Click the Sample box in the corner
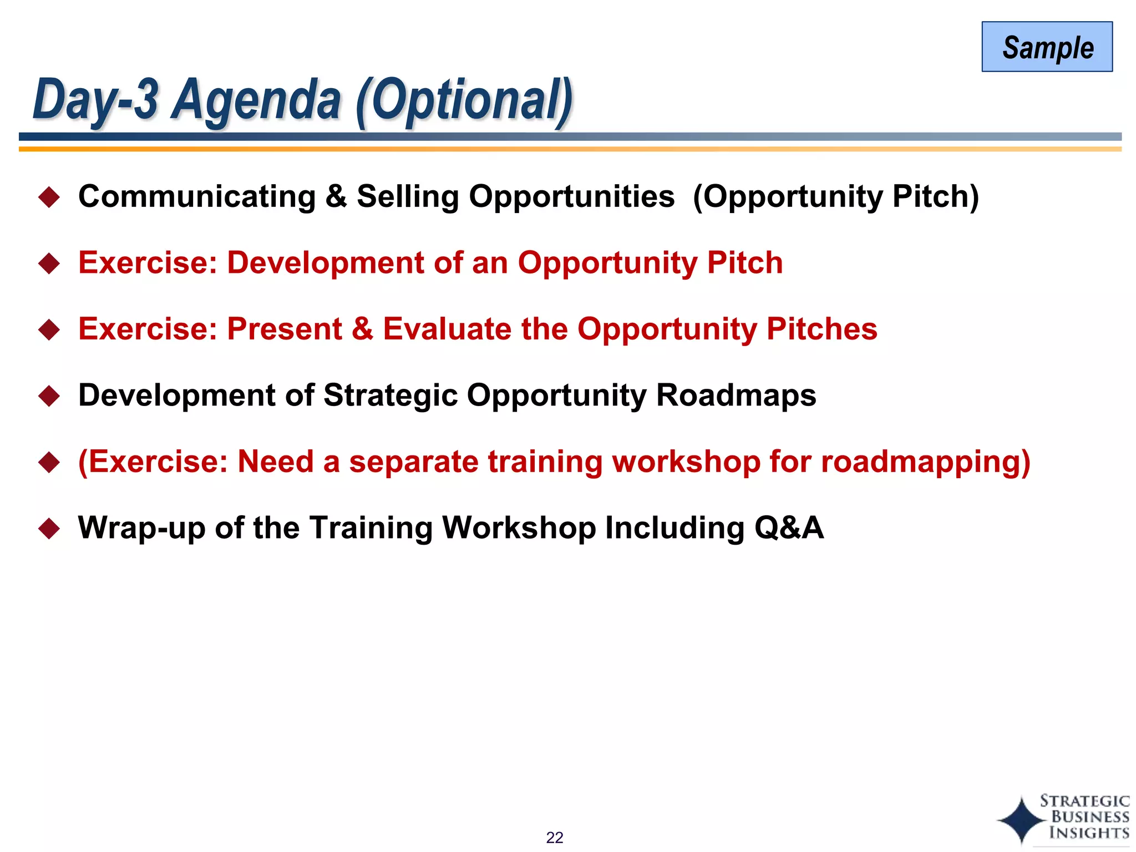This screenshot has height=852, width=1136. [x=1047, y=47]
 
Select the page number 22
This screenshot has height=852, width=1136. [x=554, y=837]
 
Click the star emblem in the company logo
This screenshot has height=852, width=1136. [x=1021, y=820]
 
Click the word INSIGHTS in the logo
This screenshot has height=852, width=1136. [x=1089, y=833]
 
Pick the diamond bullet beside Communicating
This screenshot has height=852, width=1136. [x=49, y=197]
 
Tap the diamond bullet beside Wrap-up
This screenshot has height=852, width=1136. [x=49, y=528]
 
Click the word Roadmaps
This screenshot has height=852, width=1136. [x=736, y=395]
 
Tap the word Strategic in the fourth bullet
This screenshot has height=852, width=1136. [x=390, y=395]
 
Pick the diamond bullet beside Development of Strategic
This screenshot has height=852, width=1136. [x=49, y=396]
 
